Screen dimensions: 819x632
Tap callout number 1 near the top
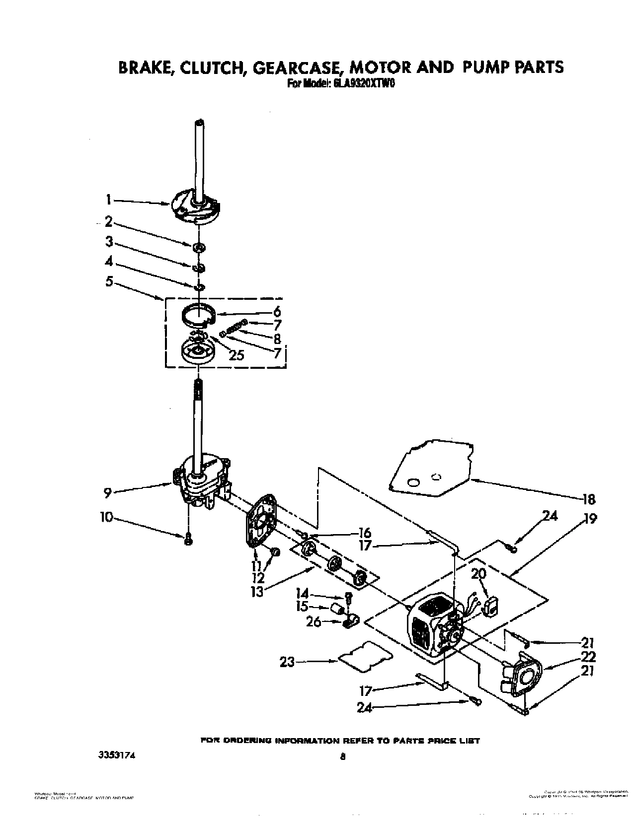tap(108, 200)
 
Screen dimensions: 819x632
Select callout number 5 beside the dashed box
tap(109, 281)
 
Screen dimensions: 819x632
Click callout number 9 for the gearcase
tap(107, 492)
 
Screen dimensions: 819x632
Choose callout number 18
tap(589, 499)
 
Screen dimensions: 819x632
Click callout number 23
tap(287, 662)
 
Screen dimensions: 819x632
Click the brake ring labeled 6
tap(197, 315)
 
